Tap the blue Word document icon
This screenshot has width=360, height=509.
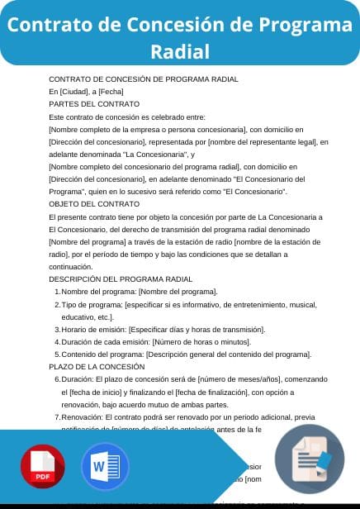point(106,469)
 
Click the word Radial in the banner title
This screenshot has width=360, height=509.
point(180,52)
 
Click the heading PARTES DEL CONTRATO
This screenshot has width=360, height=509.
point(94,104)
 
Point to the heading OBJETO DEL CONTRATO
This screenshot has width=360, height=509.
point(94,203)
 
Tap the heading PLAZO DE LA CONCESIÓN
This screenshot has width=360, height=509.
point(97,366)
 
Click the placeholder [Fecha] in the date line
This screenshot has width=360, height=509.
point(111,91)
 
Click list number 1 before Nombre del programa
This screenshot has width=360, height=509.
point(56,292)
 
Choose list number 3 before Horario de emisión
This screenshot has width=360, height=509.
point(56,329)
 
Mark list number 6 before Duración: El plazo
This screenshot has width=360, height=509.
point(56,378)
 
